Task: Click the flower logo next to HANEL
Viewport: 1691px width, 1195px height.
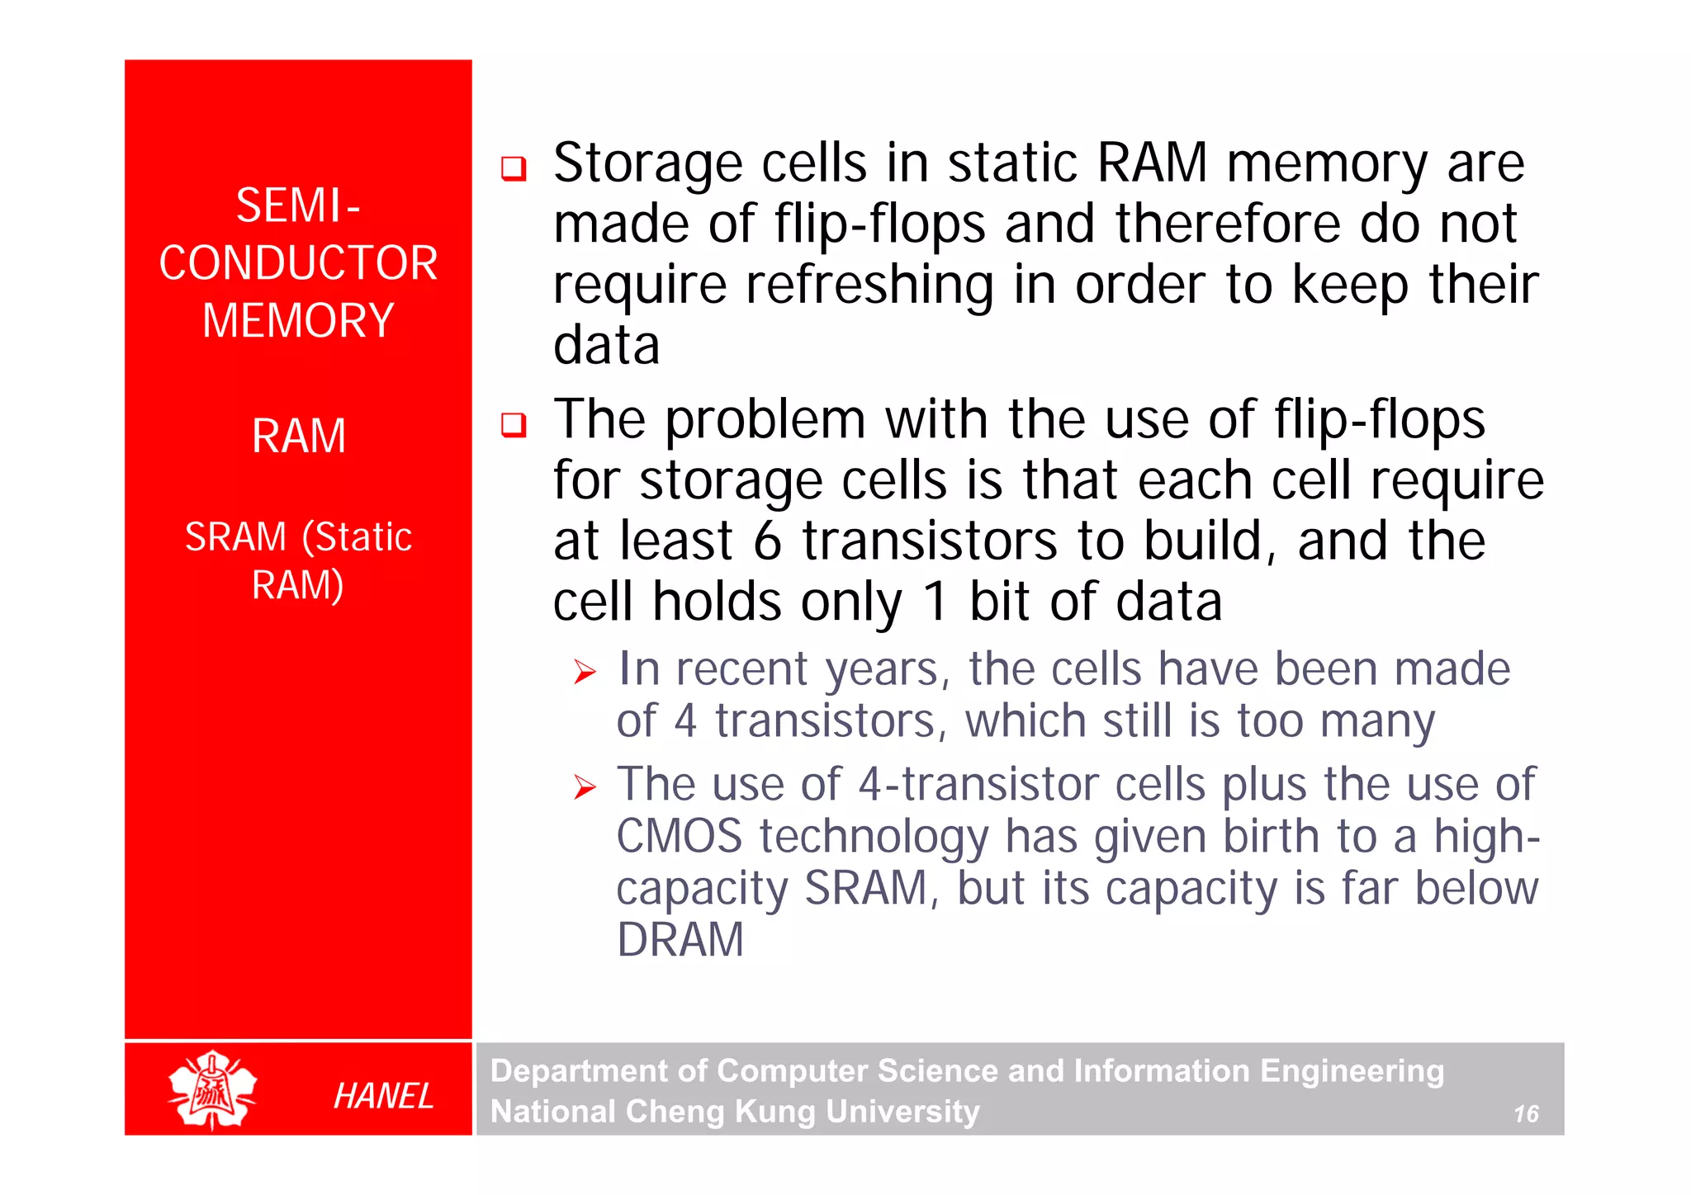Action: tap(212, 1089)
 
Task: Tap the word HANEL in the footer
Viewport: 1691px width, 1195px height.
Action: tap(383, 1096)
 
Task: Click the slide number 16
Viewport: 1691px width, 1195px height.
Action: tap(1525, 1114)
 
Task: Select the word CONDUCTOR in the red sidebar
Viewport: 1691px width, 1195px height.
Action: tap(298, 263)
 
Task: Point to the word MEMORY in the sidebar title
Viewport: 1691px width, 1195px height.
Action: tap(298, 321)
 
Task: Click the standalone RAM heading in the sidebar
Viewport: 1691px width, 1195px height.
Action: tap(298, 436)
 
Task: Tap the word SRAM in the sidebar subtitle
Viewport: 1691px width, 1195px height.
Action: tap(235, 537)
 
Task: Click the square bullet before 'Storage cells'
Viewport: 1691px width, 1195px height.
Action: tap(514, 168)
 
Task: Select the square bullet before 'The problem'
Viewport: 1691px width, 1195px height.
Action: tap(514, 425)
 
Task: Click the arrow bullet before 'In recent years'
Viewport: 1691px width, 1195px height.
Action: tap(585, 673)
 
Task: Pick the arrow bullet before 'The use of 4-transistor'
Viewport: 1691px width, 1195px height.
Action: tap(585, 787)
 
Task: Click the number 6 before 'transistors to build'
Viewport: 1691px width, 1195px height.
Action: tap(767, 541)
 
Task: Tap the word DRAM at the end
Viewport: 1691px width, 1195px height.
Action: tap(680, 939)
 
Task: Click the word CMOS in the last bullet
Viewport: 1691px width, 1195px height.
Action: tap(679, 836)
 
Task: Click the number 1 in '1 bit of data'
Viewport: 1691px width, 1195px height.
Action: tap(935, 602)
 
